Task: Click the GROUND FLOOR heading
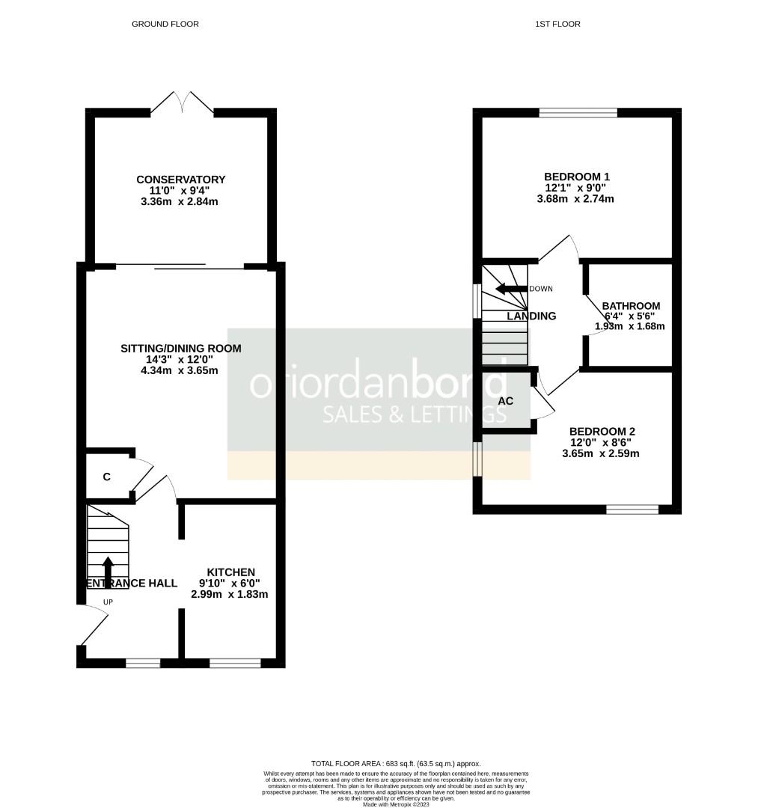point(165,24)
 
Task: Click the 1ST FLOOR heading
point(557,24)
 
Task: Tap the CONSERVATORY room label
point(180,180)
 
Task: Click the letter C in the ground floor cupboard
point(107,477)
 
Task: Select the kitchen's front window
point(235,662)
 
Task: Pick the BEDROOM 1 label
point(576,177)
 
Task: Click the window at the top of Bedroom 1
point(578,113)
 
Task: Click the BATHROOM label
point(631,306)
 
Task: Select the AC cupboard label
point(506,401)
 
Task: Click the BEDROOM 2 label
point(602,432)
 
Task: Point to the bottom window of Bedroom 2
point(632,509)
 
